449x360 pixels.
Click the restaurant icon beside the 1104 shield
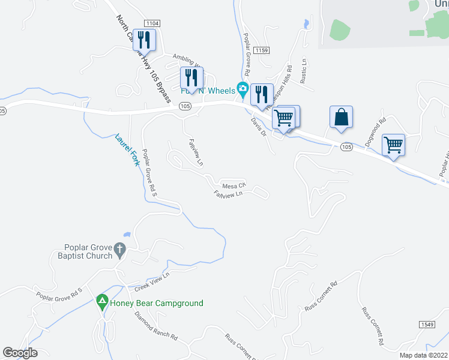point(144,40)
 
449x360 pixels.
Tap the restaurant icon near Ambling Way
point(191,77)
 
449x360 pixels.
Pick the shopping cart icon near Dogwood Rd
point(394,145)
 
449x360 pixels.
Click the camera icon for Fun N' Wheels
point(243,89)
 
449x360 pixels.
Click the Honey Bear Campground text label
point(157,304)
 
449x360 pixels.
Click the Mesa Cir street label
point(234,185)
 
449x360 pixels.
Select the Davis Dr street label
point(259,126)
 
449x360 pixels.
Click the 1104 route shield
point(152,23)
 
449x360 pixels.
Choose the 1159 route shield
point(261,50)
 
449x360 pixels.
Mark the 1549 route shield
point(427,323)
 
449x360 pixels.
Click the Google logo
point(20,353)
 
